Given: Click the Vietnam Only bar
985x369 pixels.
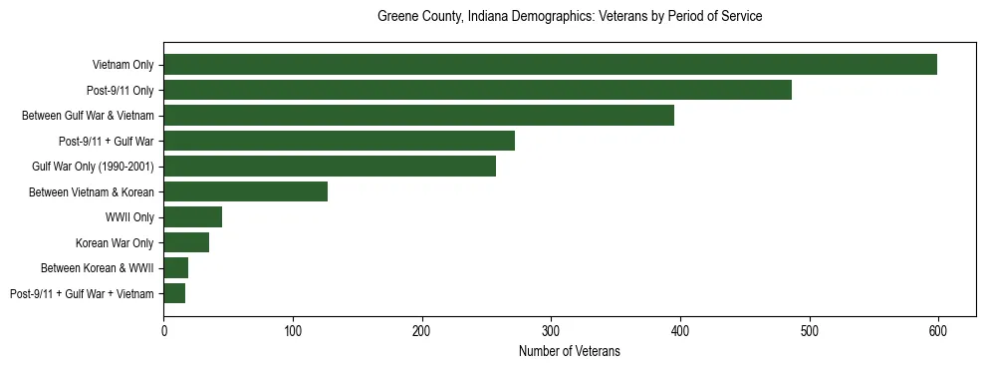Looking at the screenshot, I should [x=550, y=65].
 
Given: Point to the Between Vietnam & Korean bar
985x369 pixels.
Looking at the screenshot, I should [x=245, y=191].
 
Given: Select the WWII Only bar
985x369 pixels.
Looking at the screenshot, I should [x=192, y=217].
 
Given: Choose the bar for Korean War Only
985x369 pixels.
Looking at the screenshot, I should [x=186, y=242].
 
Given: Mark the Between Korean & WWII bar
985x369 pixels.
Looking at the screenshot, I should [x=175, y=268].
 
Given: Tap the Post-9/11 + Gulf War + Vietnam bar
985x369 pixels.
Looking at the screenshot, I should [x=174, y=293].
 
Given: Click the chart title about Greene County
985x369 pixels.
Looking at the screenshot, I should [x=570, y=17].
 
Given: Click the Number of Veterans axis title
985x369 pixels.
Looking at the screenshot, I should [x=570, y=351].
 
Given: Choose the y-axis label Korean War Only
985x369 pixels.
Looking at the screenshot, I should [x=115, y=242].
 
